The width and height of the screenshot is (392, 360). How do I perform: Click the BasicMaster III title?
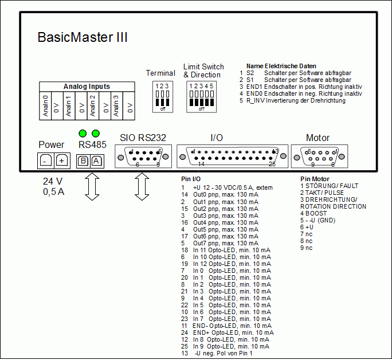click(x=83, y=38)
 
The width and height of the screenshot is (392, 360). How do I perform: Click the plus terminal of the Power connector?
click(x=62, y=161)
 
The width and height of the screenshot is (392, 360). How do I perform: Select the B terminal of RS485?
click(x=84, y=161)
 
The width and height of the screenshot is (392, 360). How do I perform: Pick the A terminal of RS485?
click(x=96, y=161)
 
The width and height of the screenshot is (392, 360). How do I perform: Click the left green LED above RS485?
click(x=83, y=134)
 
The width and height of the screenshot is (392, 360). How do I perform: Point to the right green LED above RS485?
click(x=96, y=134)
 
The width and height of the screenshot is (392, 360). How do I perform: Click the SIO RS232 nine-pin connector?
click(x=139, y=156)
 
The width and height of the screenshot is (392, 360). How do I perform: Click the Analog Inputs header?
click(x=87, y=87)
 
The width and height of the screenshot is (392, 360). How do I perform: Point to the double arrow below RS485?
click(x=90, y=187)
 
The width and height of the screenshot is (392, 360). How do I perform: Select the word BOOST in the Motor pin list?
click(x=316, y=213)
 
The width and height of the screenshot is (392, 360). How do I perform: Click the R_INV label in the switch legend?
click(x=256, y=100)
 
